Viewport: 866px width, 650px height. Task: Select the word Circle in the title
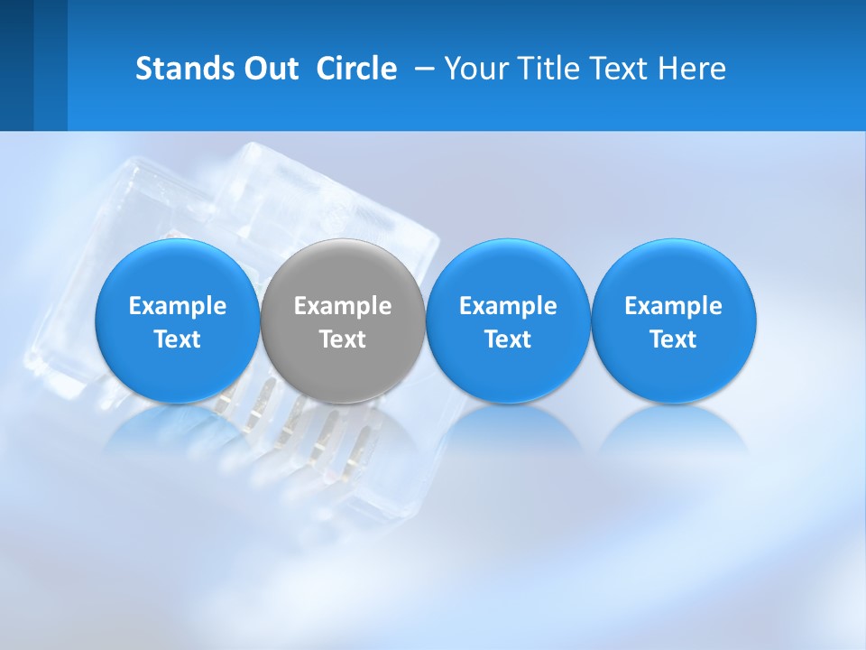[x=356, y=69]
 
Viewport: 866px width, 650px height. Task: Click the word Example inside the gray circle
[x=343, y=306]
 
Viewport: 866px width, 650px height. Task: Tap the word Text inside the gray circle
[x=343, y=339]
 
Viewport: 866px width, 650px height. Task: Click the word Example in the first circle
[x=178, y=306]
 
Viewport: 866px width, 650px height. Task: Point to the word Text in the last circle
[x=674, y=339]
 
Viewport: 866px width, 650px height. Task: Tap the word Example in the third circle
[x=508, y=306]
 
